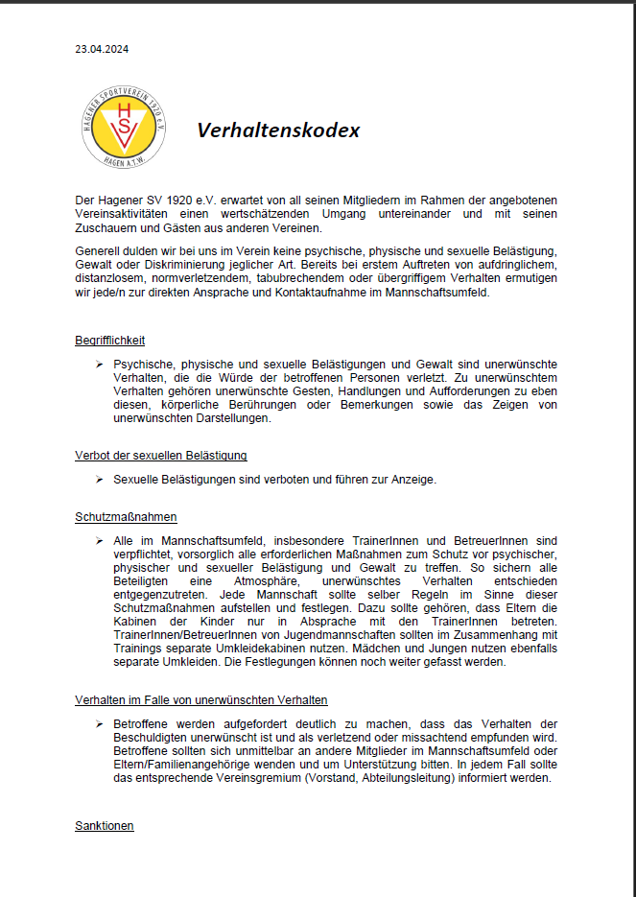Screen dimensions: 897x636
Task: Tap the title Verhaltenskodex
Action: (279, 130)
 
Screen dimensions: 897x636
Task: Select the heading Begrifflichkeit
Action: (110, 341)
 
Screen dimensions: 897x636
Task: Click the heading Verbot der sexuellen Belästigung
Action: (161, 455)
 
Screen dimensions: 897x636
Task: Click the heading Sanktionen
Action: (105, 826)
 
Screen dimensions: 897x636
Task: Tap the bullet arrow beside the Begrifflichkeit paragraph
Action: (99, 366)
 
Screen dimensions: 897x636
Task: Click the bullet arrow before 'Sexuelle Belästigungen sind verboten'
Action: (99, 480)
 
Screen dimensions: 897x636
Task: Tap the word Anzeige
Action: (412, 480)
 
